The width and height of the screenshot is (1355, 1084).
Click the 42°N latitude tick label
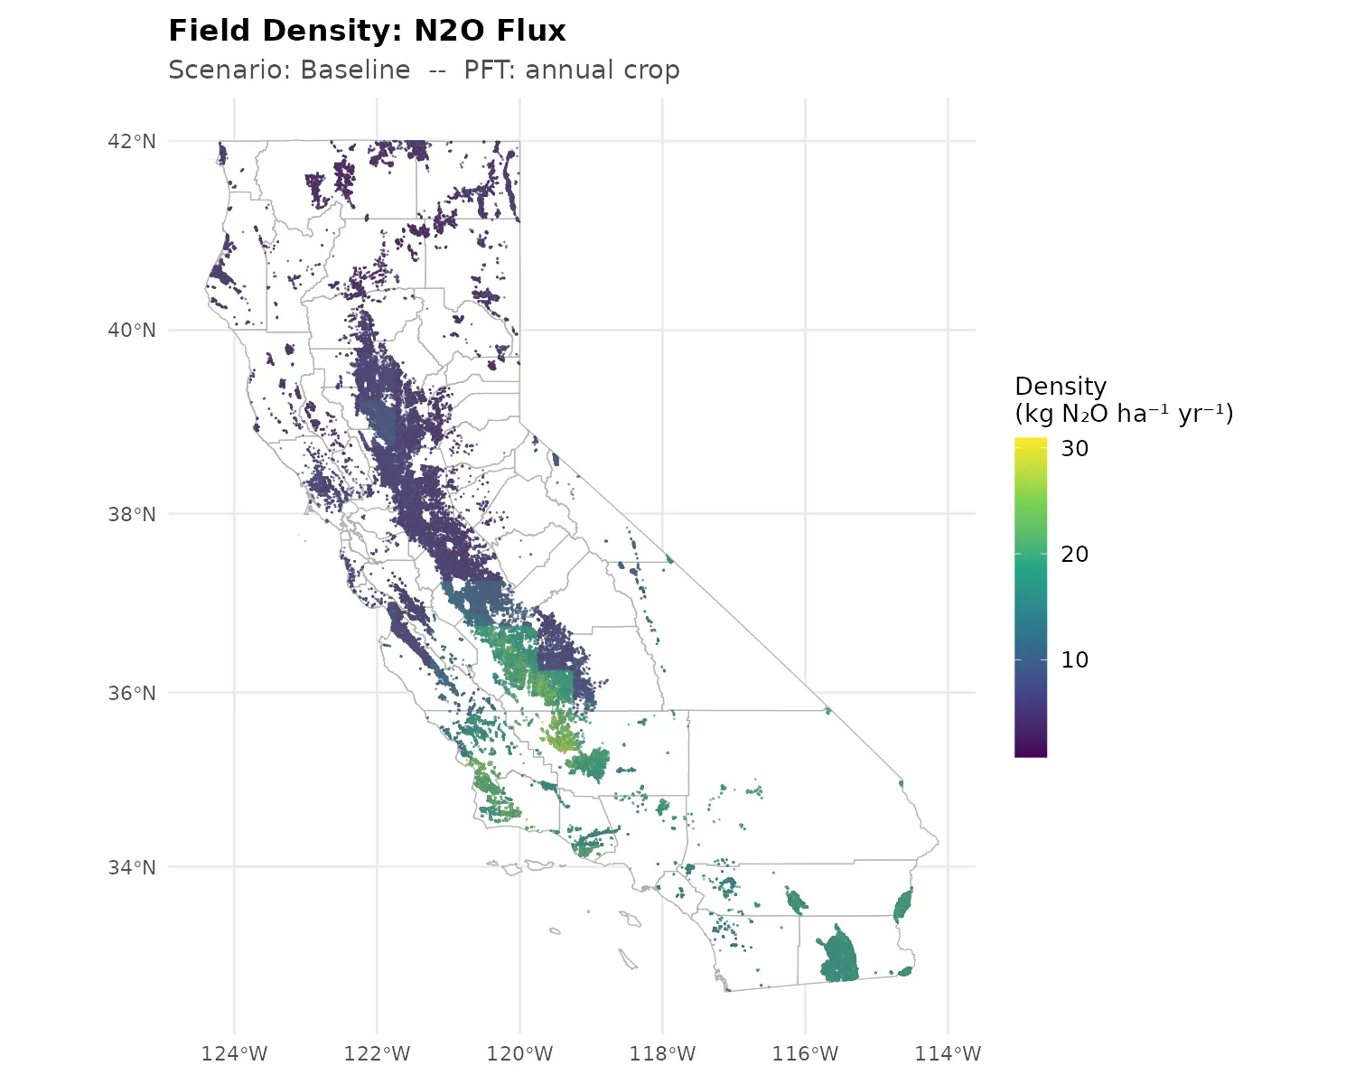tap(132, 141)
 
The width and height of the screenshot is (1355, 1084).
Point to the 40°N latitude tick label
tap(132, 331)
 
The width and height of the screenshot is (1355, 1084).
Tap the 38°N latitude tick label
tap(132, 515)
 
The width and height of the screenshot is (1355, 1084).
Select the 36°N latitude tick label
tap(132, 694)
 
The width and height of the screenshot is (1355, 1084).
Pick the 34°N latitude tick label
tap(132, 868)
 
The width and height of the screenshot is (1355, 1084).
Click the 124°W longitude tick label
tap(234, 1053)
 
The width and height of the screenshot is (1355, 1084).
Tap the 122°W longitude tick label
tap(377, 1053)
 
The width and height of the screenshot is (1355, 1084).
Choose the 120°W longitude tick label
tap(519, 1053)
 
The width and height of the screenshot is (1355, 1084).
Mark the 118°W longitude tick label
tap(662, 1053)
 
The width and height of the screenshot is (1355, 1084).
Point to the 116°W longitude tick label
tap(805, 1053)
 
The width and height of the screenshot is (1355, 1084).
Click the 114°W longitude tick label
tap(948, 1053)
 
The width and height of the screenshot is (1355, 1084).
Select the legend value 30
tap(1075, 449)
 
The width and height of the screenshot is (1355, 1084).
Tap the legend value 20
tap(1075, 555)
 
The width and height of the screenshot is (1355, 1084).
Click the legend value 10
tap(1075, 660)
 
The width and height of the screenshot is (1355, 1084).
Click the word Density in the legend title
tap(1061, 387)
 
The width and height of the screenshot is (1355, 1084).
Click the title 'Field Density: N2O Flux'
tap(367, 31)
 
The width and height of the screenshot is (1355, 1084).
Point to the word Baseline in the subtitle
tap(355, 70)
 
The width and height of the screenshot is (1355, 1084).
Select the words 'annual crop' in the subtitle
tap(603, 70)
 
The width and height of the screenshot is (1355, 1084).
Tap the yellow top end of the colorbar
tap(1031, 442)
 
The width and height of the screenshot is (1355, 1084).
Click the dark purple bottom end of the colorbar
tap(1031, 752)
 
